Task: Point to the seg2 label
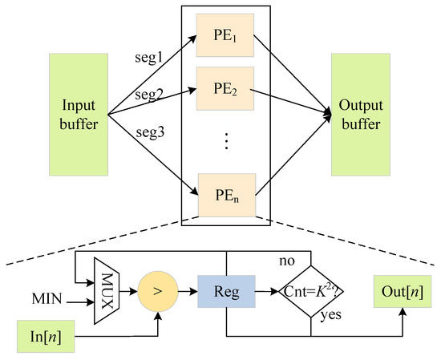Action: coord(149,95)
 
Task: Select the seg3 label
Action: coord(149,132)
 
